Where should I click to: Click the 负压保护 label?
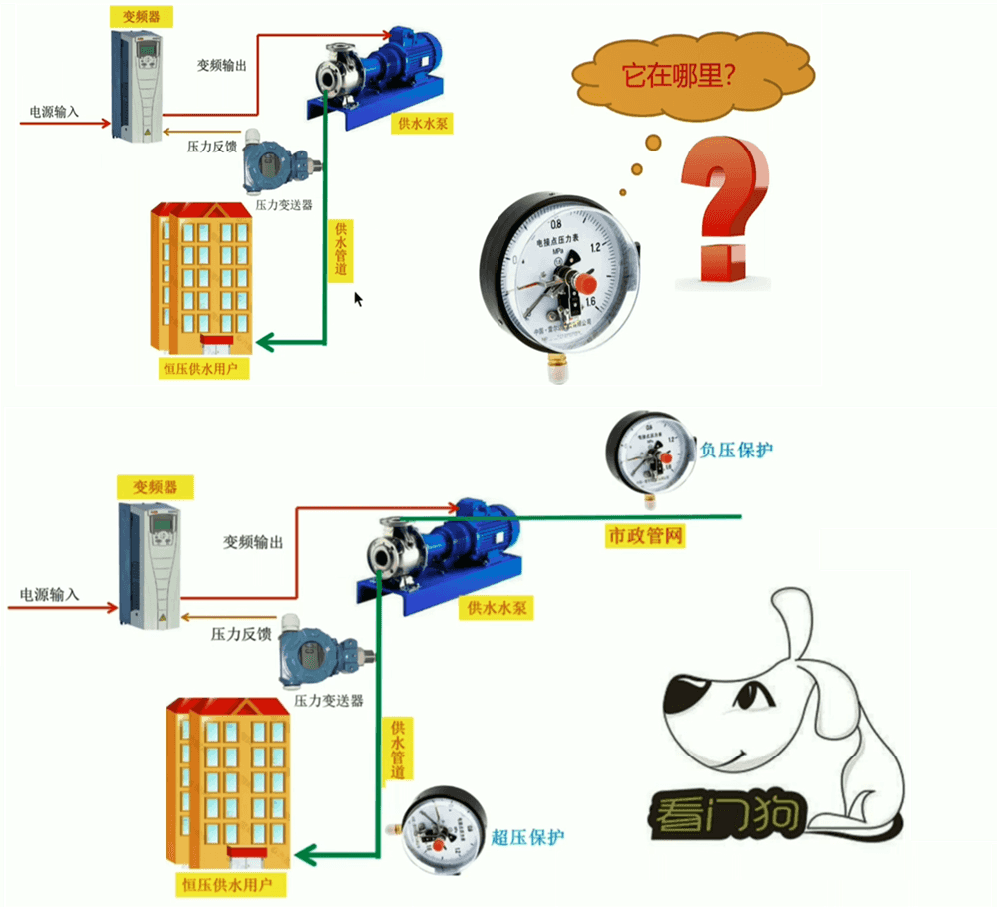pyautogui.click(x=736, y=451)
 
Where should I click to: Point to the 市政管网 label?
pyautogui.click(x=645, y=537)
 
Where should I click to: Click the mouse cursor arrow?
pyautogui.click(x=359, y=299)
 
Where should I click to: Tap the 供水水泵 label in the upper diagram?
pyautogui.click(x=423, y=124)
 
